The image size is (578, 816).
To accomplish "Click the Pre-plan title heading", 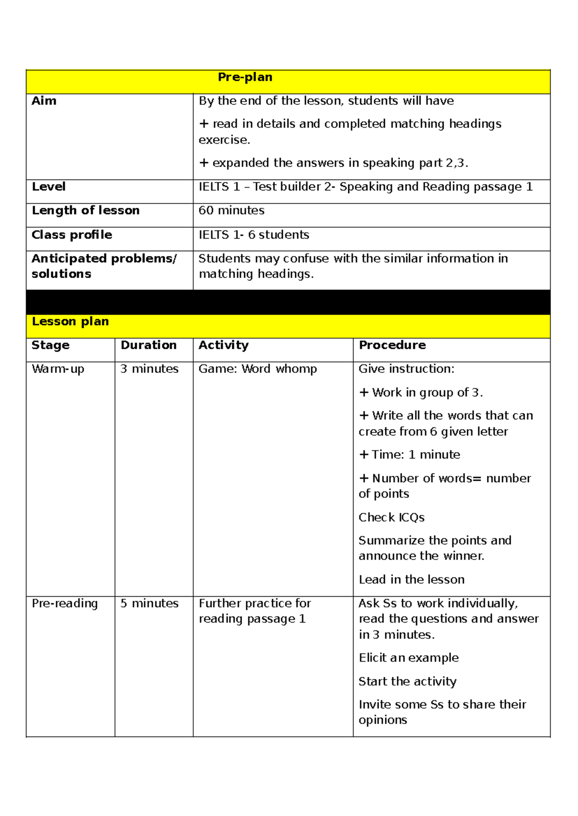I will point(245,77).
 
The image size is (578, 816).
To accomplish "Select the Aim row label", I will point(44,101).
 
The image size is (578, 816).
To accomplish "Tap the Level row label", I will point(48,187).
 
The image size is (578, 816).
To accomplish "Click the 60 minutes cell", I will point(231,211).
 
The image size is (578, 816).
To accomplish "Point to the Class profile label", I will point(71,235).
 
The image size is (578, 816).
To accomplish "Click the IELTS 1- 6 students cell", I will point(254,235).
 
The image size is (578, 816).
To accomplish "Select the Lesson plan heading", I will point(70,321).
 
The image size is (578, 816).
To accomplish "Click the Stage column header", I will point(50,345).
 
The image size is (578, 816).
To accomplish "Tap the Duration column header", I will point(148,345).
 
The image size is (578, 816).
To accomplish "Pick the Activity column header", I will point(223,345).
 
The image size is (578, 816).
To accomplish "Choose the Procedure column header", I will point(392,345).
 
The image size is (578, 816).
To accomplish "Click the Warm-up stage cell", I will point(58,369).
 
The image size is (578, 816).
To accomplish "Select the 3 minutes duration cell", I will point(149,369).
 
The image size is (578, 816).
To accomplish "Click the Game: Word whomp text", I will point(258,369).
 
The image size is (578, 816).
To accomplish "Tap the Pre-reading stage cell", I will point(65,603).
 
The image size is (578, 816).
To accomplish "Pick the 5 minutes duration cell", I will point(149,603).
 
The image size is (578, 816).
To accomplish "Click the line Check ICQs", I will point(391,518).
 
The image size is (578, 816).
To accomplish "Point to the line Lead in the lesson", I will point(411,580).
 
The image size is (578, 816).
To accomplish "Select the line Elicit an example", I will point(408,658).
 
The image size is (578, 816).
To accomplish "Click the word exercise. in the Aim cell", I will point(224,140).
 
